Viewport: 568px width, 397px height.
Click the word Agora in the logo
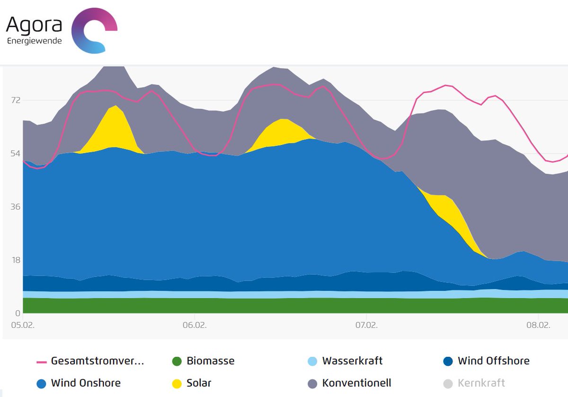pyautogui.click(x=34, y=25)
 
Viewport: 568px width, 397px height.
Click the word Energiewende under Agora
pyautogui.click(x=34, y=41)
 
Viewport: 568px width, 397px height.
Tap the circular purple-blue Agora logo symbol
pyautogui.click(x=94, y=30)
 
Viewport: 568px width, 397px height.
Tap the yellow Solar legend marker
pyautogui.click(x=177, y=383)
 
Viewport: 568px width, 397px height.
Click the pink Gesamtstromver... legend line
pyautogui.click(x=42, y=362)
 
